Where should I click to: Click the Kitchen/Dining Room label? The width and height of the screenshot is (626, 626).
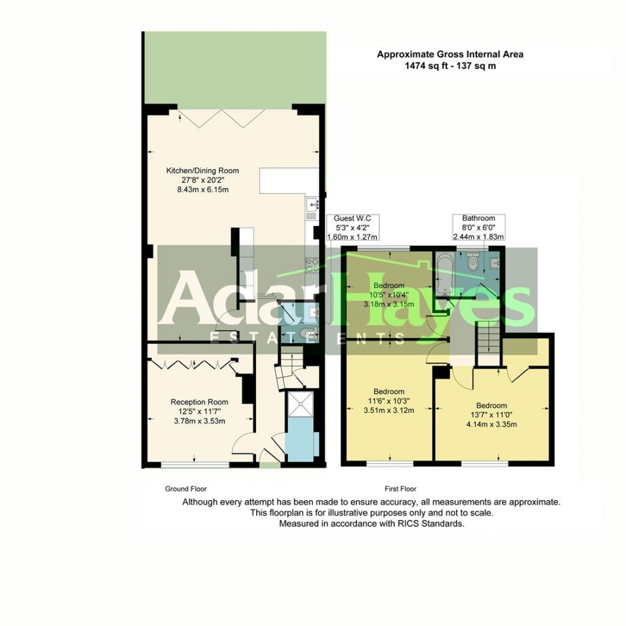point(202,171)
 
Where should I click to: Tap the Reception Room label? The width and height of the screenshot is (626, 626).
point(199,402)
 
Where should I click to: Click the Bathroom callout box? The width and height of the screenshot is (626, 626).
point(478,227)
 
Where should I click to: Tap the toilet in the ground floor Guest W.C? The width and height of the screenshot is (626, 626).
point(306,333)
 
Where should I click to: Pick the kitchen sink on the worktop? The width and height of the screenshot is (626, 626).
point(312,204)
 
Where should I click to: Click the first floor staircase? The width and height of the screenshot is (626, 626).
point(488,338)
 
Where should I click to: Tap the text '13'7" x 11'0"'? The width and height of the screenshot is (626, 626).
point(491,415)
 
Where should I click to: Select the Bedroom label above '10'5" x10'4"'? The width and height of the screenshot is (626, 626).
point(389,285)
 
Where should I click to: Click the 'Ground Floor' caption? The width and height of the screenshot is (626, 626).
point(186,489)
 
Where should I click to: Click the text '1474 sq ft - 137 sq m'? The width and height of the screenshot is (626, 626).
point(450,66)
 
